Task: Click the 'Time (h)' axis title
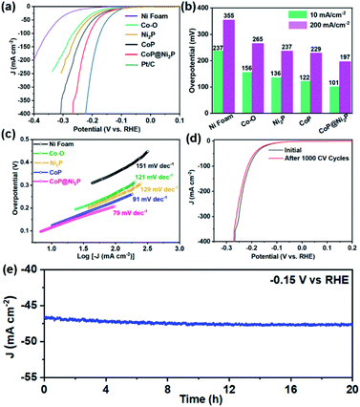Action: (197, 399)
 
